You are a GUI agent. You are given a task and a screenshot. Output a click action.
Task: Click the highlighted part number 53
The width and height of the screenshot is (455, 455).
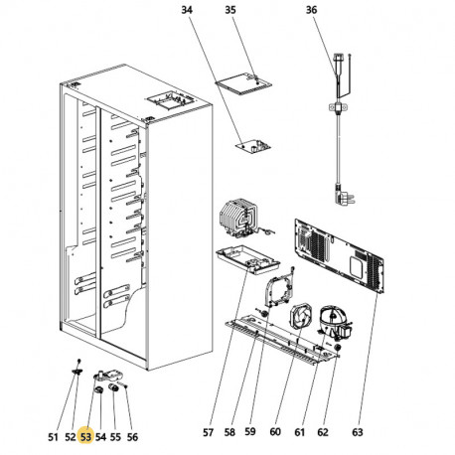[x=85, y=434]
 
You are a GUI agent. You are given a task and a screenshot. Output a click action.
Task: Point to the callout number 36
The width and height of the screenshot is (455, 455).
[x=311, y=12]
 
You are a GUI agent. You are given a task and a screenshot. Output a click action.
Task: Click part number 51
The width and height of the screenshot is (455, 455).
[x=52, y=434]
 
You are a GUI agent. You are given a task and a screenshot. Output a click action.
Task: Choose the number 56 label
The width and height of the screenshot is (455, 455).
[x=132, y=434]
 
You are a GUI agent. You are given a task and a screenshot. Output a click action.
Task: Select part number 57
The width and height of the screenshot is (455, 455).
[x=208, y=433]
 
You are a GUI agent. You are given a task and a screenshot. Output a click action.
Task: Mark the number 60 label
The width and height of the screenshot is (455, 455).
[x=274, y=433]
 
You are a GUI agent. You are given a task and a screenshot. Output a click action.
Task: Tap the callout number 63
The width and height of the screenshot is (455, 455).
[x=358, y=433]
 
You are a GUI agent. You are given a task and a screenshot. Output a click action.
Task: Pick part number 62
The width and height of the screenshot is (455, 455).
[x=322, y=433]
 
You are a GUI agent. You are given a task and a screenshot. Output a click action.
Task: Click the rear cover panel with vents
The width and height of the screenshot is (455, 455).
[x=338, y=258]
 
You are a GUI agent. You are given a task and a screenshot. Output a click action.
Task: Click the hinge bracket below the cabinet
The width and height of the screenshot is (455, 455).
[x=103, y=378]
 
